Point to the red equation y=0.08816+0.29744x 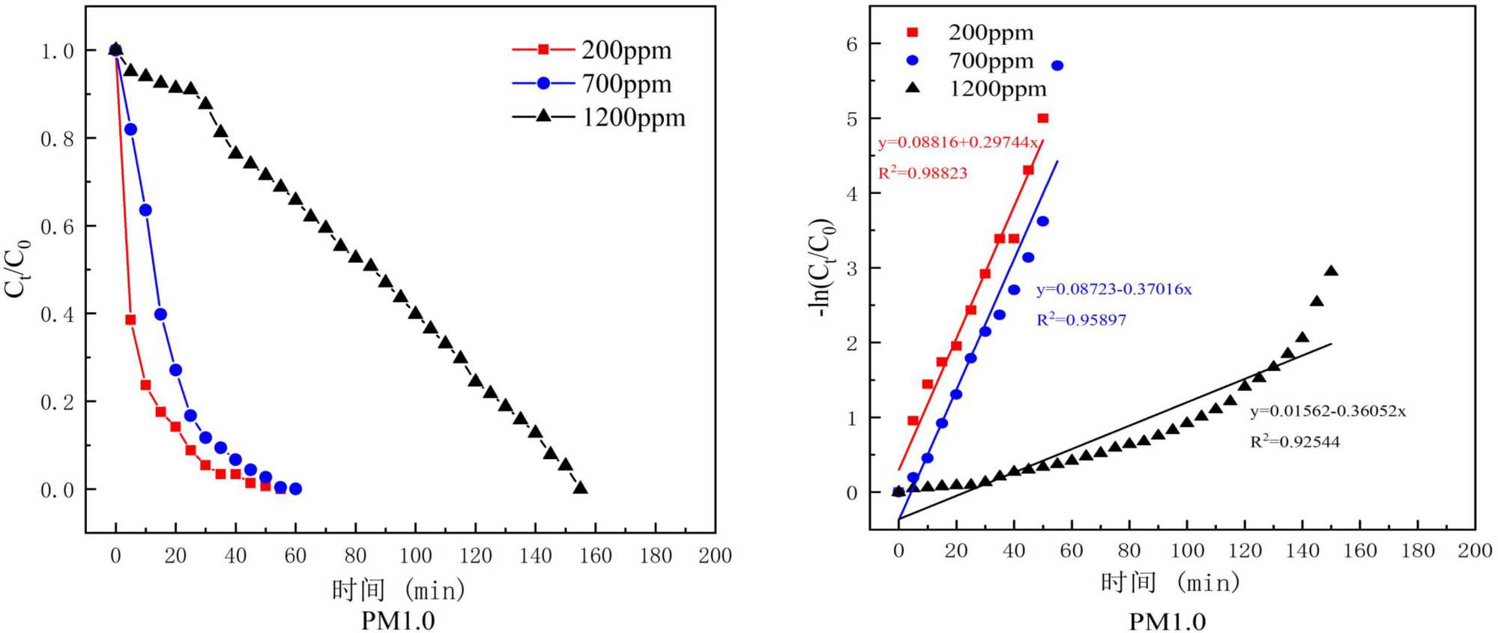click(958, 142)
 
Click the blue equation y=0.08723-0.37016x click(1114, 289)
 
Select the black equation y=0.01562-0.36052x click(1327, 411)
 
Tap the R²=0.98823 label click(922, 173)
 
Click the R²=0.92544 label click(1294, 442)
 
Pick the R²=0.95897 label click(1081, 320)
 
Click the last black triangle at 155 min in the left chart click(580, 488)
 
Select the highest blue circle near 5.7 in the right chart click(1057, 66)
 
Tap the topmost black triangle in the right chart click(1331, 271)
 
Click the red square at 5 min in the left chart click(130, 320)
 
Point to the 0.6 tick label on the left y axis click(58, 227)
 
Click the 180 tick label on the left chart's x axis click(656, 556)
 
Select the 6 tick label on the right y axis click(852, 45)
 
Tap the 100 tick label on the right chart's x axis click(1187, 551)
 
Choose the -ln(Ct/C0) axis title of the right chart click(823, 267)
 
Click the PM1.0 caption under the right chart click(1167, 621)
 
